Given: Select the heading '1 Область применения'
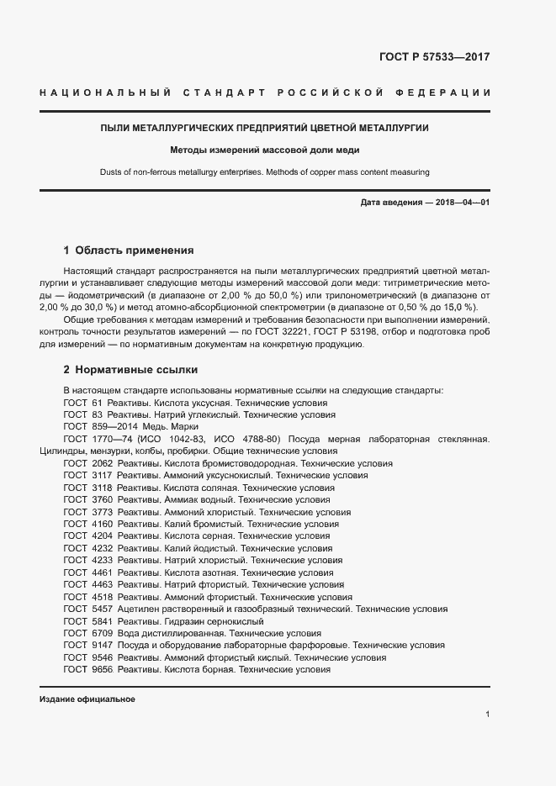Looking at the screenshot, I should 129,250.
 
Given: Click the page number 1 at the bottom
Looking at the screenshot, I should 488,714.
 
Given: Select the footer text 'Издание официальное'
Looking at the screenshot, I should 87,699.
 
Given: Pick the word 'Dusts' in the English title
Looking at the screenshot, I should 112,172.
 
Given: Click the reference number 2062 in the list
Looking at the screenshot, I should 102,463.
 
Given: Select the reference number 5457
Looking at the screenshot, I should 102,609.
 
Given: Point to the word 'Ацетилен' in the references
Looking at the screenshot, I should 137,609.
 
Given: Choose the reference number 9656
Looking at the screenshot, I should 102,669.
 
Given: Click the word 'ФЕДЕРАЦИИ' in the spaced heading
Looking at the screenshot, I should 454,92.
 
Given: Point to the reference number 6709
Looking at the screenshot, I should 102,633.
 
